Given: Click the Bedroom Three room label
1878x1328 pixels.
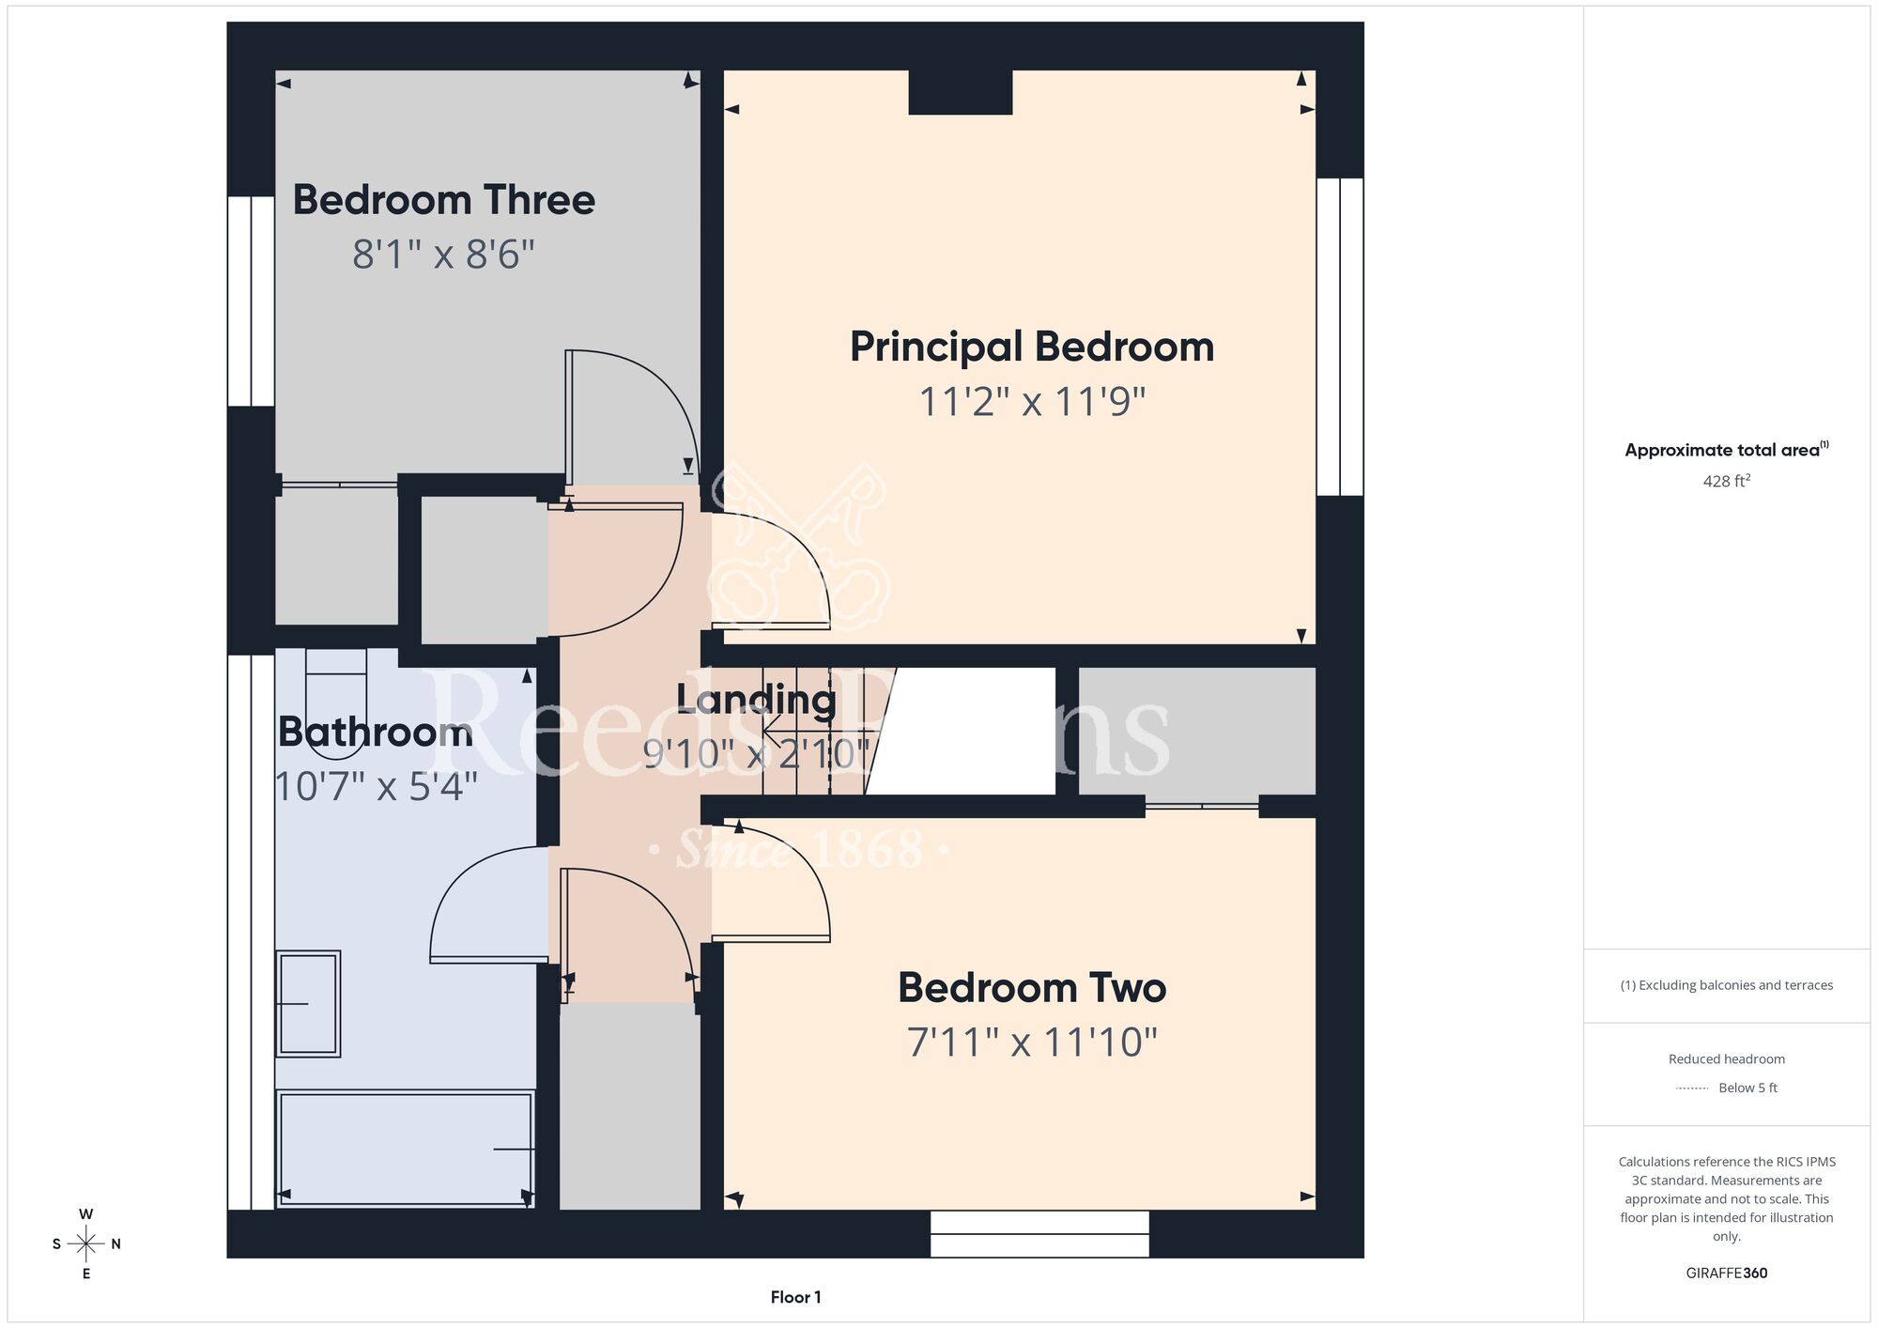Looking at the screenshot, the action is tap(444, 200).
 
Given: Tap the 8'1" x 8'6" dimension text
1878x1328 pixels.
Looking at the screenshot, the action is tap(444, 255).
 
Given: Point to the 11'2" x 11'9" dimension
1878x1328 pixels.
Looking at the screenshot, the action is tap(1032, 402).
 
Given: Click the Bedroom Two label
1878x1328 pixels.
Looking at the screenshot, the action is tap(1032, 988).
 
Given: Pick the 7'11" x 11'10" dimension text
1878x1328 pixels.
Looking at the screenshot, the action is tap(1032, 1042).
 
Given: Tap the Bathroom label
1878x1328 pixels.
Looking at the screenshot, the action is tap(376, 733).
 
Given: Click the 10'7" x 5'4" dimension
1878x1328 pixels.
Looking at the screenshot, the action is tap(377, 787).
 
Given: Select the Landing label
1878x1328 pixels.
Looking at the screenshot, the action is tap(756, 700).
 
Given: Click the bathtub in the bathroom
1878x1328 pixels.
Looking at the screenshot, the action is tap(406, 1149).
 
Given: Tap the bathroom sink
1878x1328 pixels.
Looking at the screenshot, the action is tap(308, 1004).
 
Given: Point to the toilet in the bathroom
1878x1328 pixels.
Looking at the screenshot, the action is tap(336, 703).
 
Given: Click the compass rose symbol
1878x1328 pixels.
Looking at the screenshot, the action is tap(86, 1244).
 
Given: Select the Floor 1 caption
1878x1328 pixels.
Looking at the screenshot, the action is tap(795, 1297).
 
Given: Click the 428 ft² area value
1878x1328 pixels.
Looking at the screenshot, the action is tap(1727, 481).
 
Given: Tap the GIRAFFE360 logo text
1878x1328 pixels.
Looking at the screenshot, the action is tap(1727, 1274).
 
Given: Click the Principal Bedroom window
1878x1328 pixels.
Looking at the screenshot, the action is tap(1340, 336).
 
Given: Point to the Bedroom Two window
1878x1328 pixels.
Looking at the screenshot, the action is tap(1039, 1234).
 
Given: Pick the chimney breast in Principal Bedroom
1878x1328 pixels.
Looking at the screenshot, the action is tap(961, 92).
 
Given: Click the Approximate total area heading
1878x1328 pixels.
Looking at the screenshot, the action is tap(1727, 450).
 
